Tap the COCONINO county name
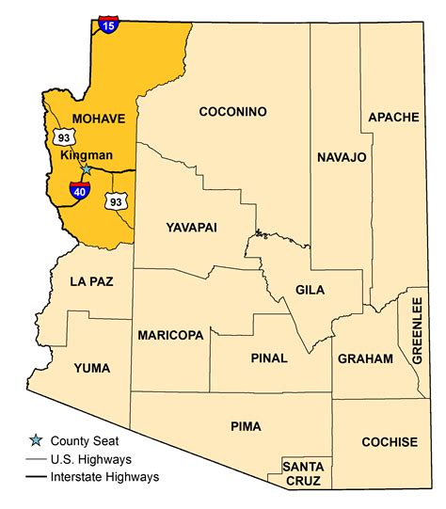pos(232,112)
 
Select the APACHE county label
pos(392,117)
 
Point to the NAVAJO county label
pos(341,156)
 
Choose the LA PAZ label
pos(91,281)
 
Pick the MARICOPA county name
pos(170,335)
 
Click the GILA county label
pos(309,290)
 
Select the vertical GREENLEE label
pos(418,328)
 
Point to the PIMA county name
pos(246,426)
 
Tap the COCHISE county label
pos(390,441)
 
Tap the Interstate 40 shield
pos(79,192)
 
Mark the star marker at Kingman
pos(86,169)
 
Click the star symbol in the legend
pos(35,440)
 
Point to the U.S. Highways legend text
pos(91,459)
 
